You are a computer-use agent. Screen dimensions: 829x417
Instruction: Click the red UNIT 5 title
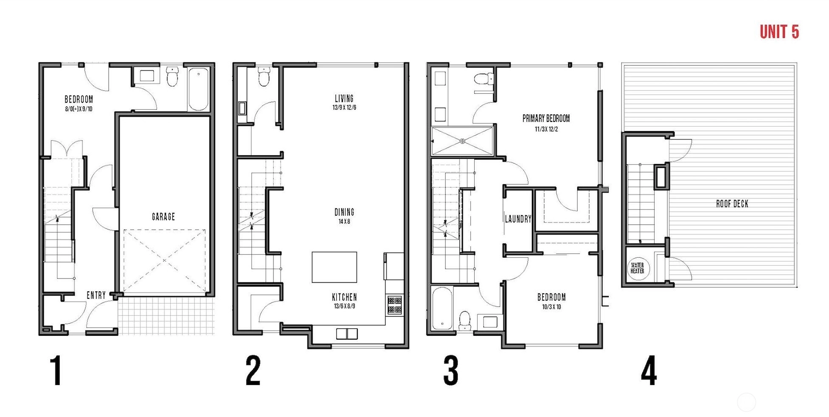click(779, 32)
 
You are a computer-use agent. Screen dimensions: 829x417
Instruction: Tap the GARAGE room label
click(163, 217)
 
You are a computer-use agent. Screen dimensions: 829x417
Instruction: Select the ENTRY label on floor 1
click(96, 295)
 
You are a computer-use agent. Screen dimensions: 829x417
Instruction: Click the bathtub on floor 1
click(198, 89)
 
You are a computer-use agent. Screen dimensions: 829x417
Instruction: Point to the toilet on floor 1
click(172, 76)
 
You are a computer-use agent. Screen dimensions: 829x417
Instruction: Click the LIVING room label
click(344, 99)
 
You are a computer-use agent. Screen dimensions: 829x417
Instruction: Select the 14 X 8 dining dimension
click(344, 222)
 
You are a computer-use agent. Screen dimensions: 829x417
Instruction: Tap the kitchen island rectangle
click(334, 267)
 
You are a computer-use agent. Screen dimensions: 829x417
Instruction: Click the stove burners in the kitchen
click(394, 305)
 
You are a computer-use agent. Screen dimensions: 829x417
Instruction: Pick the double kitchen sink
click(347, 334)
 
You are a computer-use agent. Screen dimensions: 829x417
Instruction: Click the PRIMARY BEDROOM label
click(546, 118)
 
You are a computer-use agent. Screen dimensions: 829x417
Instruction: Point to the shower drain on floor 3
click(463, 141)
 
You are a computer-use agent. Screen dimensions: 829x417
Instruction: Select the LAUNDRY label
click(518, 219)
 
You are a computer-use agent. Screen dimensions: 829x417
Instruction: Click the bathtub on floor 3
click(442, 308)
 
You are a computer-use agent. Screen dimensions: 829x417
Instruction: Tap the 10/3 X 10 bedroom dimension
click(551, 307)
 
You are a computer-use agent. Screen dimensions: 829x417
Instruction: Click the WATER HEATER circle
click(638, 268)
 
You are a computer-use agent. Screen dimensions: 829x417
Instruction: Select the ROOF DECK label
click(732, 204)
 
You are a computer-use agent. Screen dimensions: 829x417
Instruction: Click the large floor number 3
click(451, 371)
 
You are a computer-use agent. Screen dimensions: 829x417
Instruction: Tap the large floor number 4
click(649, 371)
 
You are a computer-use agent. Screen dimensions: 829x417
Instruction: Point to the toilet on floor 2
click(264, 76)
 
